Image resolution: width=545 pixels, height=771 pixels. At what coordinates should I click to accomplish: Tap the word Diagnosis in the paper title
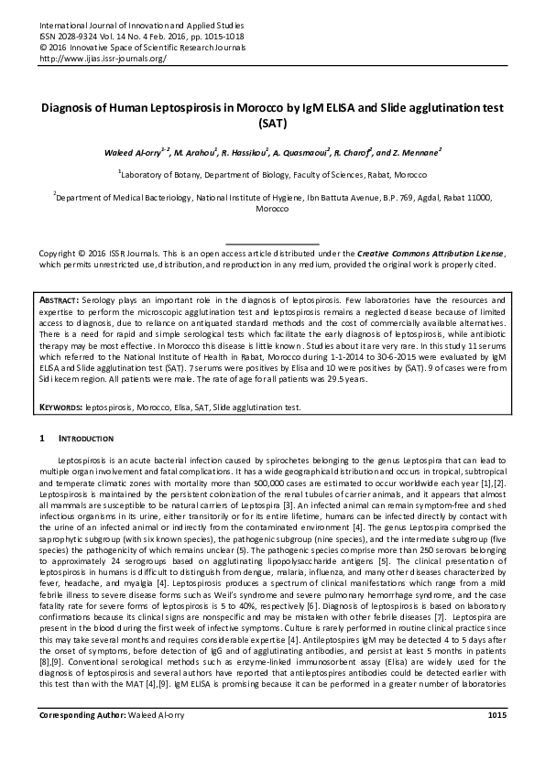71,107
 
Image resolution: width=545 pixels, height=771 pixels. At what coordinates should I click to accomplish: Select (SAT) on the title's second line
273,122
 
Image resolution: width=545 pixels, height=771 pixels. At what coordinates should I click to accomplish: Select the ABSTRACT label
60,300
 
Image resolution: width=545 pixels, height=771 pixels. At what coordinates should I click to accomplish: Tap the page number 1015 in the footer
497,740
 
